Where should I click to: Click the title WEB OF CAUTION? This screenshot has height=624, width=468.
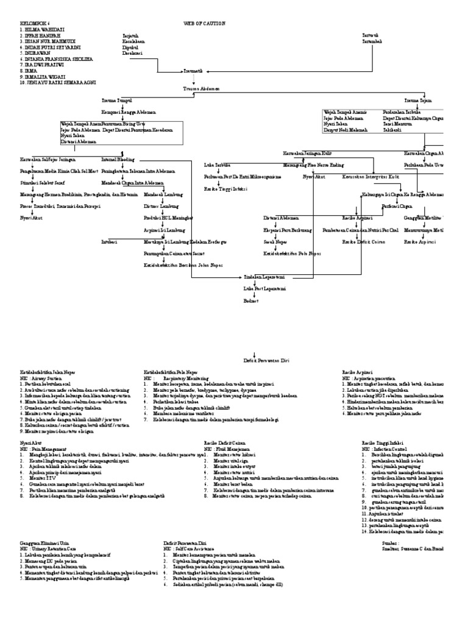click(204, 23)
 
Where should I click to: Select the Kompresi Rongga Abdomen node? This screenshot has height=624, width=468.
click(129, 112)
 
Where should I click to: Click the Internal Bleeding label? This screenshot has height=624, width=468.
click(118, 158)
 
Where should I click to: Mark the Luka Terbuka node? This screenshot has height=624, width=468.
click(216, 164)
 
